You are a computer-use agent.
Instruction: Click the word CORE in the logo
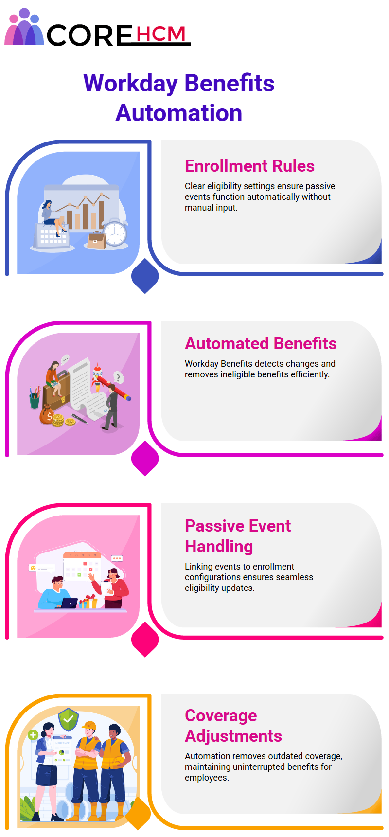(x=89, y=35)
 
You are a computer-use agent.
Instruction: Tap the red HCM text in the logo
(x=161, y=34)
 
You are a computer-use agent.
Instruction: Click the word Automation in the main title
(x=179, y=113)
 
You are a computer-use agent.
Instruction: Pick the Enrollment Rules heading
(x=249, y=166)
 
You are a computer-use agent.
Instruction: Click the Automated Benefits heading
(x=261, y=343)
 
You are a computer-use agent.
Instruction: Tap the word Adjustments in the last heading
(x=233, y=736)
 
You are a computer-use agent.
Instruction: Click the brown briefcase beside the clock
(x=97, y=240)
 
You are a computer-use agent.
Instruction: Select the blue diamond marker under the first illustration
(x=145, y=276)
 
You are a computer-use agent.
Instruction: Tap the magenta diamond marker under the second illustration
(x=145, y=458)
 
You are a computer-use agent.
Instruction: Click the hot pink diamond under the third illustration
(x=145, y=639)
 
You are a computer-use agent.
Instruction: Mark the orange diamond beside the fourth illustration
(x=138, y=813)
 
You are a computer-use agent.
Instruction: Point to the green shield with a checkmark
(x=69, y=719)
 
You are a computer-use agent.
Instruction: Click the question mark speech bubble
(x=118, y=377)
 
